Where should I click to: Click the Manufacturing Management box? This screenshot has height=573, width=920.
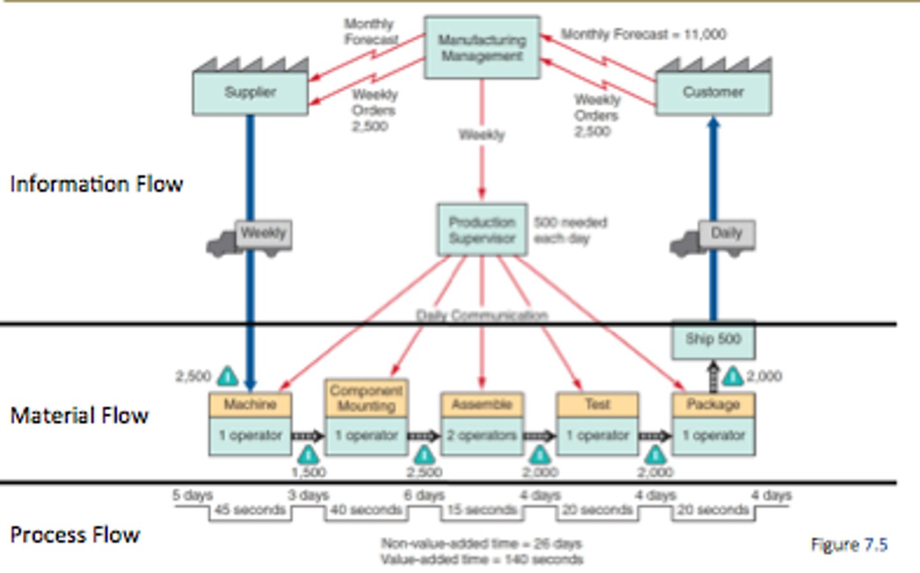pyautogui.click(x=482, y=48)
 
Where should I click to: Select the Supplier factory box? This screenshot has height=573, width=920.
pyautogui.click(x=250, y=93)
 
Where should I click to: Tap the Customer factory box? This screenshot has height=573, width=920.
pyautogui.click(x=713, y=93)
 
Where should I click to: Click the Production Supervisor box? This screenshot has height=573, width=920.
pyautogui.click(x=482, y=230)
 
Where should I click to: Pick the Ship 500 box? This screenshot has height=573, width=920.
pyautogui.click(x=713, y=339)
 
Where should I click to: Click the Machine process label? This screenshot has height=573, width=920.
pyautogui.click(x=250, y=404)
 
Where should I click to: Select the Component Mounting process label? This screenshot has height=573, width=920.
pyautogui.click(x=366, y=398)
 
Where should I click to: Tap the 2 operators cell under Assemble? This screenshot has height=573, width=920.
pyautogui.click(x=482, y=436)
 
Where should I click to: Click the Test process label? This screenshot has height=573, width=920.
pyautogui.click(x=597, y=404)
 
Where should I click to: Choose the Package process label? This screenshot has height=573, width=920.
pyautogui.click(x=713, y=404)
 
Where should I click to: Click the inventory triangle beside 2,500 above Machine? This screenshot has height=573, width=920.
pyautogui.click(x=227, y=376)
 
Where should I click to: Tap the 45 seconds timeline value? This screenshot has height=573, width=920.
pyautogui.click(x=250, y=510)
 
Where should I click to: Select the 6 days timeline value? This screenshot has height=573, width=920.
pyautogui.click(x=424, y=495)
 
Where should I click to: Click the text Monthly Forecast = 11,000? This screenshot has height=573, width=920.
pyautogui.click(x=643, y=34)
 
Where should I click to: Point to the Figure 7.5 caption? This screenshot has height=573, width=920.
pyautogui.click(x=848, y=544)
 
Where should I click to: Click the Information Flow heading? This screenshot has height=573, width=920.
pyautogui.click(x=96, y=184)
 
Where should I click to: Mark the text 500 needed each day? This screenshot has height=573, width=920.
pyautogui.click(x=570, y=230)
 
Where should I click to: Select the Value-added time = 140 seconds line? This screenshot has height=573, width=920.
pyautogui.click(x=482, y=560)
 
